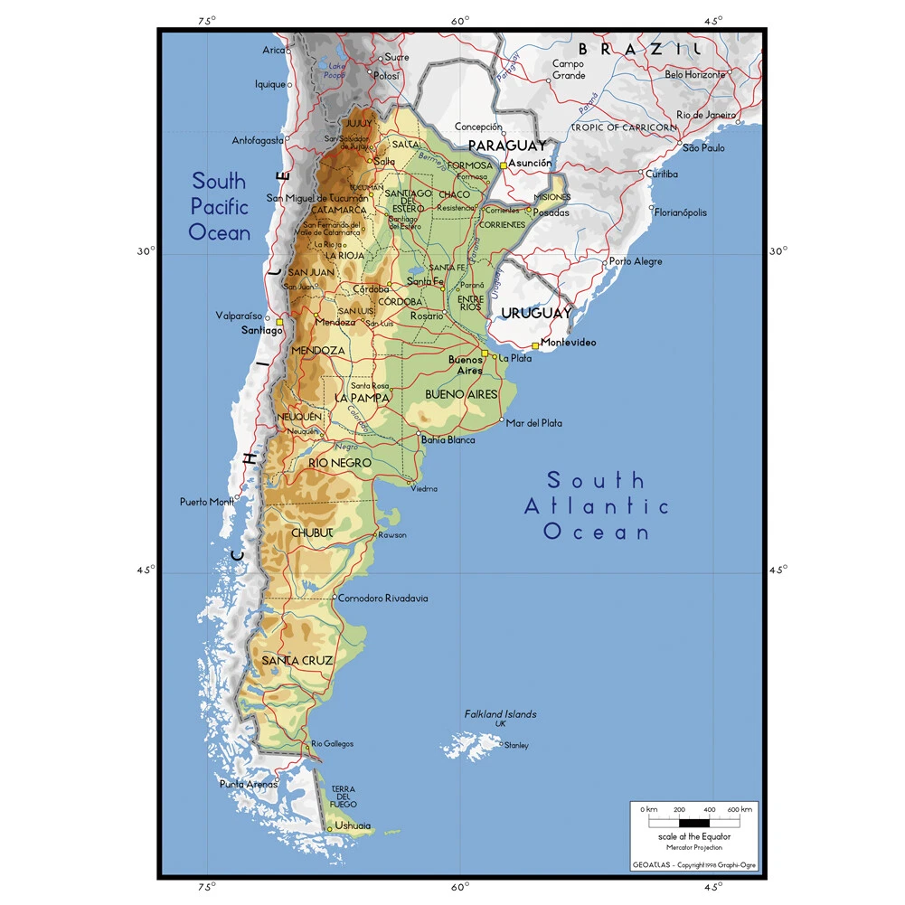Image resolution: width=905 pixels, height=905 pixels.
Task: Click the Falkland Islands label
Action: pyautogui.click(x=500, y=714)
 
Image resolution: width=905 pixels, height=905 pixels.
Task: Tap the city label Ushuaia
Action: pyautogui.click(x=353, y=825)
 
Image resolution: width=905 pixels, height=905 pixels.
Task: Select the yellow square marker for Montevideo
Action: pyautogui.click(x=535, y=345)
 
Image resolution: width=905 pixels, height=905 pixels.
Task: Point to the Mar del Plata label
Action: pyautogui.click(x=533, y=422)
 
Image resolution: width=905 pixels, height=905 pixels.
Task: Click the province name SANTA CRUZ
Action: pyautogui.click(x=297, y=661)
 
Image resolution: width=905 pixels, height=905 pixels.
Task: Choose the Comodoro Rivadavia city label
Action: pyautogui.click(x=382, y=599)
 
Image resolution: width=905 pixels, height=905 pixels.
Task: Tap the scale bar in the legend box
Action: pyautogui.click(x=693, y=822)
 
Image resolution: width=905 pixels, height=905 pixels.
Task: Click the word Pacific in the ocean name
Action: pyautogui.click(x=219, y=206)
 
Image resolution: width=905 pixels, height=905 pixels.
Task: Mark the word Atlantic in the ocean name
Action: pyautogui.click(x=597, y=506)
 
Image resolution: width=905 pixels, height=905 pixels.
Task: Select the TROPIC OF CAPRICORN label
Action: pyautogui.click(x=623, y=127)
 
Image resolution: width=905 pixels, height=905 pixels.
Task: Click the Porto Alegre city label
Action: pyautogui.click(x=635, y=261)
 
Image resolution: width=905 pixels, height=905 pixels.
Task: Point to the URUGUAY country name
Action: pyautogui.click(x=536, y=314)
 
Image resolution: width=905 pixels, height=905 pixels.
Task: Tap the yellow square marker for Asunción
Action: pyautogui.click(x=504, y=165)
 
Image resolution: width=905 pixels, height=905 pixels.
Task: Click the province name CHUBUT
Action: pyautogui.click(x=312, y=533)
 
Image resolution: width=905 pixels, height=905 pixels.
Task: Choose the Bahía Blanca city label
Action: pyautogui.click(x=448, y=440)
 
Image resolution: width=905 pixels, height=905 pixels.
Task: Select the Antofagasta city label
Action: pyautogui.click(x=258, y=140)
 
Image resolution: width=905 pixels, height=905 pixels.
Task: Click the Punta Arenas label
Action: pyautogui.click(x=249, y=784)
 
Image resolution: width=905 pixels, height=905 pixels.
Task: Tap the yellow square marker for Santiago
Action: pyautogui.click(x=279, y=323)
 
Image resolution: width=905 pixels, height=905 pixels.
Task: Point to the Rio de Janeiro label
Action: pyautogui.click(x=707, y=115)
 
